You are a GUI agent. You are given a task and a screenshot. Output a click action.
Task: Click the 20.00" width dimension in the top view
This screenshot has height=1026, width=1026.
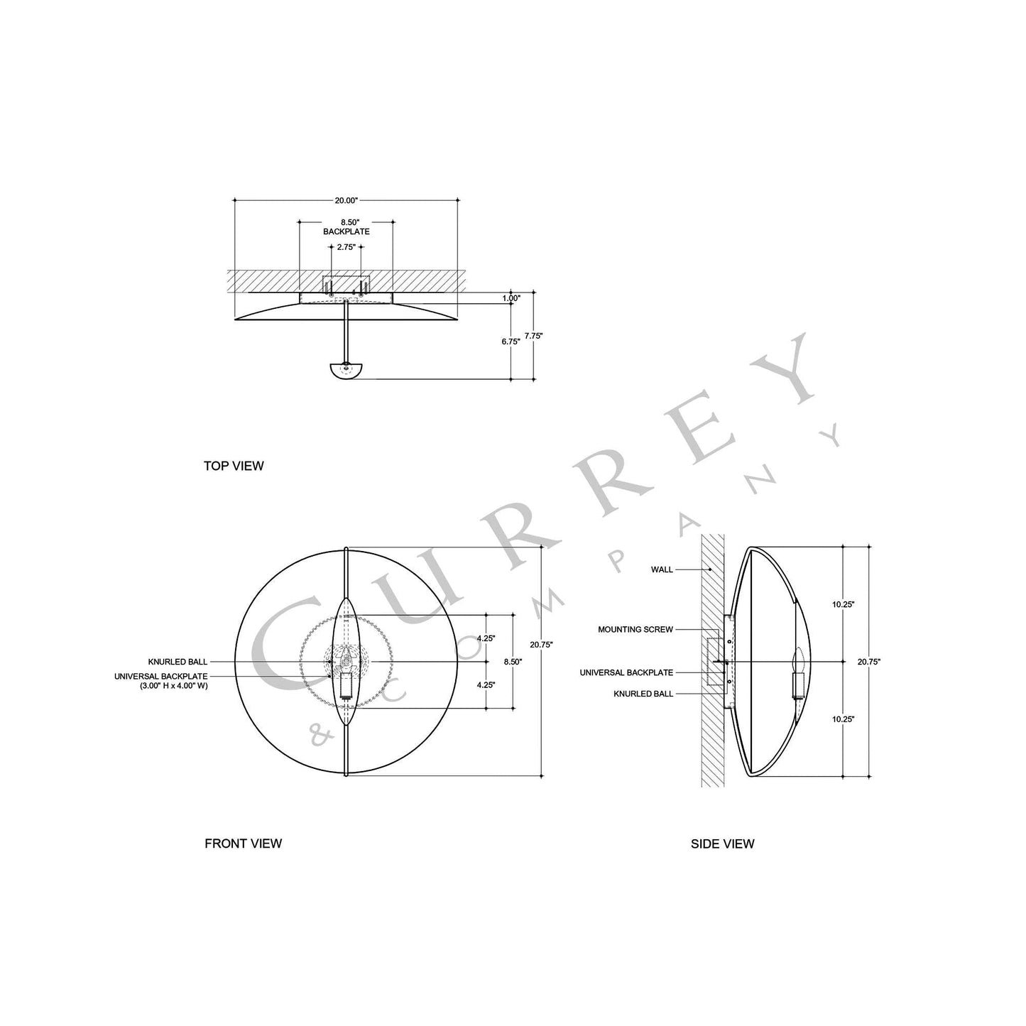346,200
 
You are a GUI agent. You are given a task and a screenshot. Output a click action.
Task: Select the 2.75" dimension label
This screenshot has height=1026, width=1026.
346,248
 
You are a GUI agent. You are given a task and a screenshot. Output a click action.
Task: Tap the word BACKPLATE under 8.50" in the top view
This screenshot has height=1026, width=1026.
346,231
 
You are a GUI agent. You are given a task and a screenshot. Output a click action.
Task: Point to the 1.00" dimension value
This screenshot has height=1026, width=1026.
511,298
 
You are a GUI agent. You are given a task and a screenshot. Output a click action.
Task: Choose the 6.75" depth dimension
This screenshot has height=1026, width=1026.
510,342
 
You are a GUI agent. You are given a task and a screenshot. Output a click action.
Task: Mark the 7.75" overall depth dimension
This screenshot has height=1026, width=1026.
533,336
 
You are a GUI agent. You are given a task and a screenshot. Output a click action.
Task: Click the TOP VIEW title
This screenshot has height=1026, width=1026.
234,466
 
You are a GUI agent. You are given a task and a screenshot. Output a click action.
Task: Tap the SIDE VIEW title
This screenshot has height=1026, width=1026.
722,844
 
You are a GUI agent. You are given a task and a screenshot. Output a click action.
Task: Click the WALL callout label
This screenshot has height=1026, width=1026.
662,569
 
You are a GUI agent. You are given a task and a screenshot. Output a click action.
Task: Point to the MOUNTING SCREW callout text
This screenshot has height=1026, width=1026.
635,630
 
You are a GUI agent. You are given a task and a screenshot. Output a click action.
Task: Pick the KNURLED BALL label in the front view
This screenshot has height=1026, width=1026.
178,662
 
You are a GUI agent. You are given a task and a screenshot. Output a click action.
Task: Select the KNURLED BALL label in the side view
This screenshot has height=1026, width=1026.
643,694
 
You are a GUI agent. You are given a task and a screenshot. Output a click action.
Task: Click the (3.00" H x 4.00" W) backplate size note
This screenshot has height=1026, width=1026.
173,686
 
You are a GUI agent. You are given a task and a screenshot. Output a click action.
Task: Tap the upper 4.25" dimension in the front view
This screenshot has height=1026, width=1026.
486,638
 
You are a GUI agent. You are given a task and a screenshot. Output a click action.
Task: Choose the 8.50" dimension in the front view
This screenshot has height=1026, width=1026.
512,662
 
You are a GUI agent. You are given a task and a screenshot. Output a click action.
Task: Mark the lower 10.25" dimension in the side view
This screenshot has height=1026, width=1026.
843,719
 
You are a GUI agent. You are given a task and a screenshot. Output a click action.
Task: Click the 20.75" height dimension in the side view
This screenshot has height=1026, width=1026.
868,662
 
